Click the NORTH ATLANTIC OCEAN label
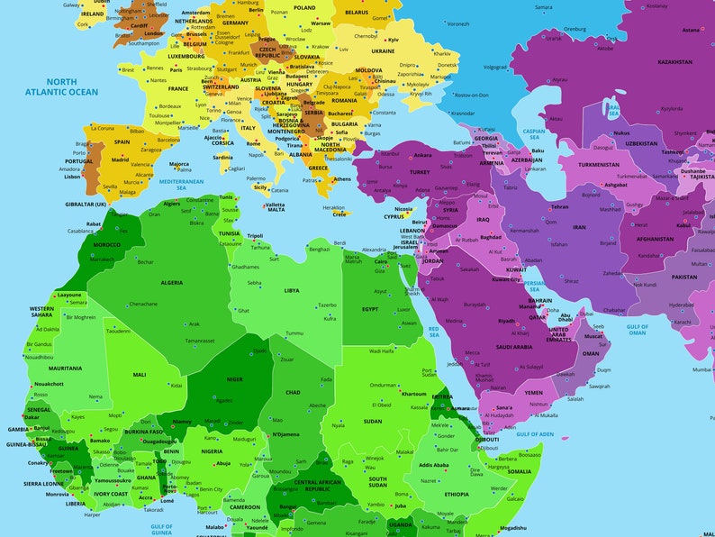pyautogui.click(x=62, y=86)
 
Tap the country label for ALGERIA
pyautogui.click(x=171, y=282)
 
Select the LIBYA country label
pyautogui.click(x=292, y=290)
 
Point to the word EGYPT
pyautogui.click(x=370, y=309)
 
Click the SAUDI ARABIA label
pyautogui.click(x=515, y=346)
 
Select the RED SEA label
pyautogui.click(x=433, y=332)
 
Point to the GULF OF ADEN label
pyautogui.click(x=535, y=433)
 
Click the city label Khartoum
pyautogui.click(x=414, y=394)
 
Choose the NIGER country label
pyautogui.click(x=234, y=379)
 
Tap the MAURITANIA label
pyautogui.click(x=65, y=368)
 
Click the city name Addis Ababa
pyautogui.click(x=433, y=465)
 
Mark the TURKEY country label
pyautogui.click(x=420, y=171)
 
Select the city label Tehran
pyautogui.click(x=559, y=206)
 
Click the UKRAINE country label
pyautogui.click(x=383, y=51)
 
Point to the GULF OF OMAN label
pyautogui.click(x=638, y=330)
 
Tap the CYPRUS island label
pyautogui.click(x=394, y=216)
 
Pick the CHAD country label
pyautogui.click(x=294, y=392)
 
